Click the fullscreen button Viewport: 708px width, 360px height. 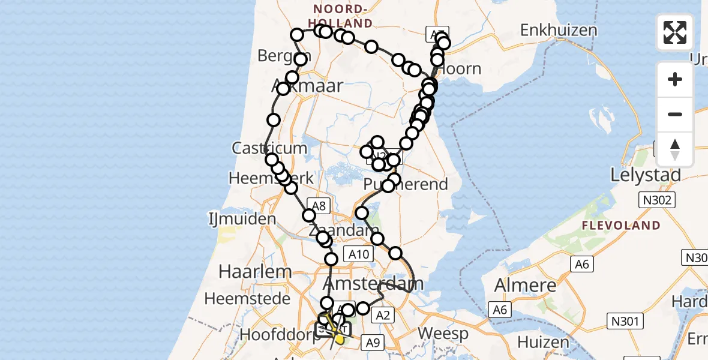(x=675, y=32)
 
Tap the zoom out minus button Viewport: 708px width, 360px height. (x=675, y=114)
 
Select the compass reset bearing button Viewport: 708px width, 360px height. (x=675, y=149)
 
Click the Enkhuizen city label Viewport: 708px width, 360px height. (x=559, y=31)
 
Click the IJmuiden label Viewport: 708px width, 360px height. (x=242, y=218)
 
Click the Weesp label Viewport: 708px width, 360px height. (x=442, y=332)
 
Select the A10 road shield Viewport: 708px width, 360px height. (x=359, y=255)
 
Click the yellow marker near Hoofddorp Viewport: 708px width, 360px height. (x=340, y=340)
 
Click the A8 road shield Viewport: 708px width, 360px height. (x=319, y=205)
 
